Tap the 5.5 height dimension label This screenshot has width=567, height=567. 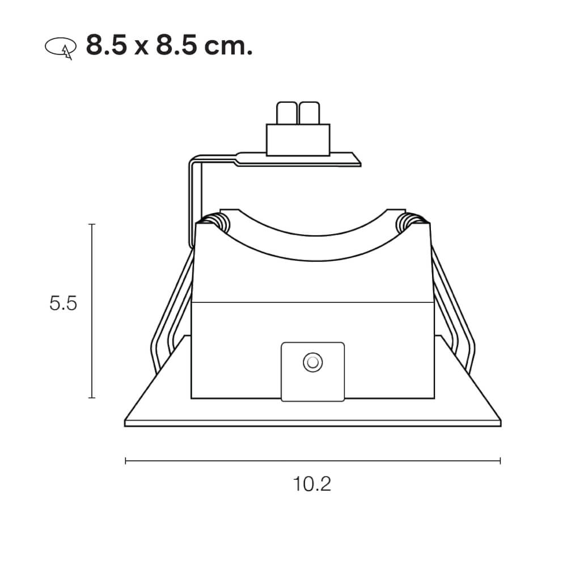63,304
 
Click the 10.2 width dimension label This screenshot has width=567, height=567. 312,484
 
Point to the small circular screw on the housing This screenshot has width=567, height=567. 312,362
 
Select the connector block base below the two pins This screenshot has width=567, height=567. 298,139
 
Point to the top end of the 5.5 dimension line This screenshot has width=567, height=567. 92,225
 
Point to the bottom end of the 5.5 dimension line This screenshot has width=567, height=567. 92,397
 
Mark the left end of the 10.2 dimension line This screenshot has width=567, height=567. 125,461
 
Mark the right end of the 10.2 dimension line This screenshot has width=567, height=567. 500,461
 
